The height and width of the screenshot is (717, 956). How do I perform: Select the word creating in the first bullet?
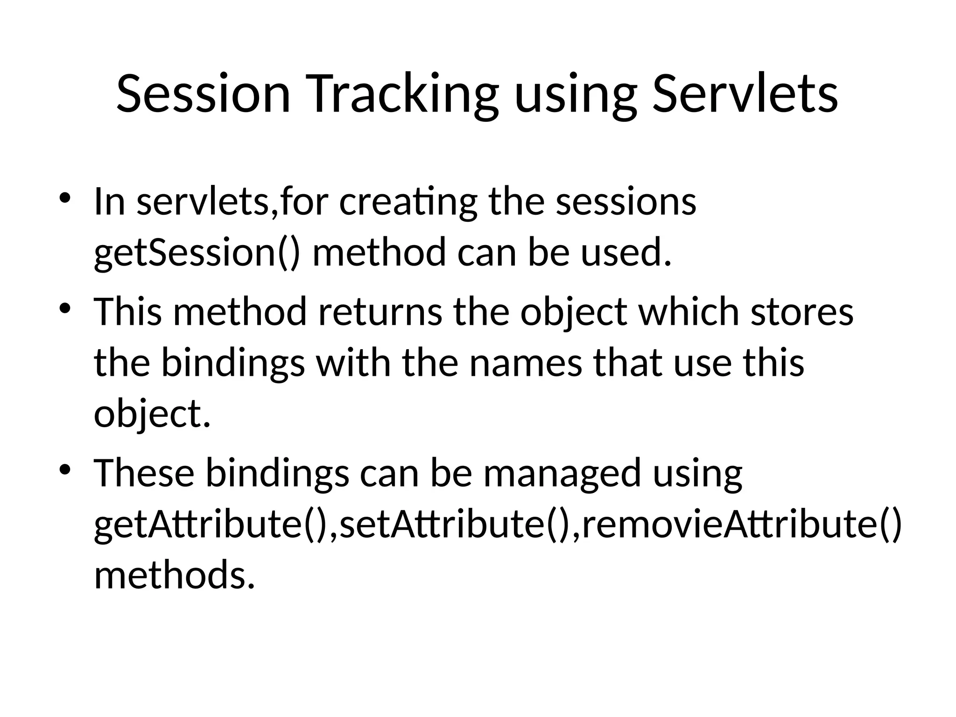tap(408, 203)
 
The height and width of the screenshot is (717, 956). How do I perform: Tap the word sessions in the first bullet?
tap(626, 203)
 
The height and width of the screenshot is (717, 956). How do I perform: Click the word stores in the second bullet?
tap(802, 312)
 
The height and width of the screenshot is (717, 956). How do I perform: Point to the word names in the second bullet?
tap(526, 363)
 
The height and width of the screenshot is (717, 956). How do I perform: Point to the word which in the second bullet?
tap(689, 312)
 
